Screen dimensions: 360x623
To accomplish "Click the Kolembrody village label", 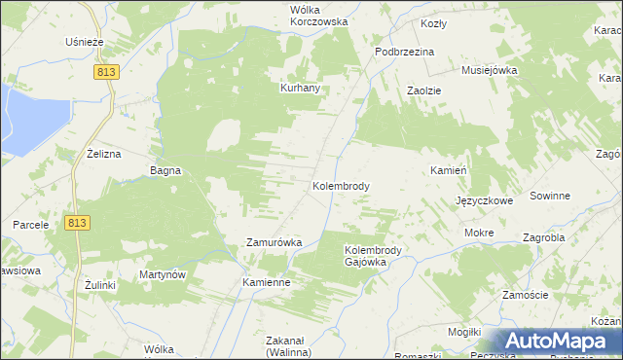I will (x=340, y=185).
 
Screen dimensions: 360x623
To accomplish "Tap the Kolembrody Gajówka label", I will (x=380, y=256).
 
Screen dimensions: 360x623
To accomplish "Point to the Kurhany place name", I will (x=301, y=88).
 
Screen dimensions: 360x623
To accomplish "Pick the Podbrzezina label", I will (x=405, y=52).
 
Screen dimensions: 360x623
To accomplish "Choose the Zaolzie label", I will (x=424, y=90).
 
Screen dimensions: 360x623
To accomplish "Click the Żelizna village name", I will (x=103, y=154).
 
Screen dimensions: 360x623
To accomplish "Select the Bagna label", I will (x=165, y=170).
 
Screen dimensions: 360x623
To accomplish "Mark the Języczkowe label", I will (x=484, y=200).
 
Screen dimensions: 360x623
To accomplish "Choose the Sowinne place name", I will (x=550, y=196).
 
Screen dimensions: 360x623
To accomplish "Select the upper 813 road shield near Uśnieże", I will (x=107, y=72).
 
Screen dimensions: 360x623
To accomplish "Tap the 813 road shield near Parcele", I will (x=80, y=223).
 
